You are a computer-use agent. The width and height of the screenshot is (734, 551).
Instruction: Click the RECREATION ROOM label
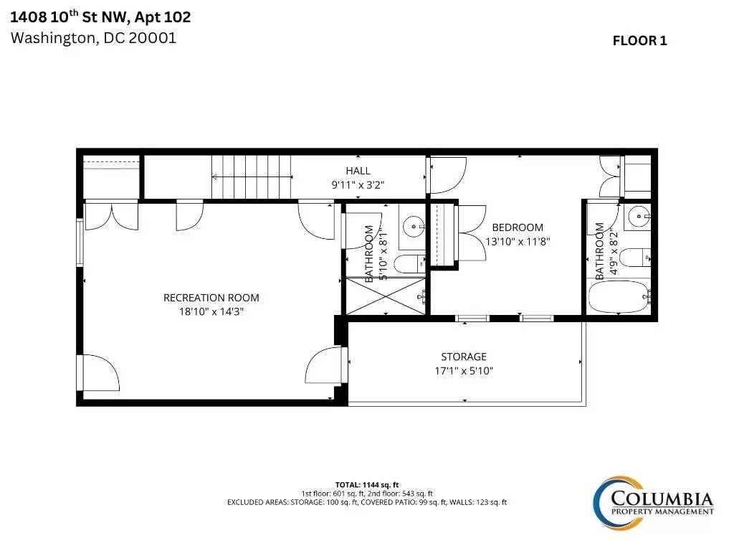[211, 298]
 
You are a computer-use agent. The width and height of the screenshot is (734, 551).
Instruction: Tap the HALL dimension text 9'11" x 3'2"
[358, 185]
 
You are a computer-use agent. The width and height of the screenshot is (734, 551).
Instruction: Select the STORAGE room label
[464, 357]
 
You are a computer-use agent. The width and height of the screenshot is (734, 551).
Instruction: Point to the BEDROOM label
[518, 227]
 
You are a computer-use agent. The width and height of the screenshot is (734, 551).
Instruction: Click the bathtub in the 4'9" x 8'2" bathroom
[619, 296]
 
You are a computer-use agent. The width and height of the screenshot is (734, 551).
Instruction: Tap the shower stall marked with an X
[385, 296]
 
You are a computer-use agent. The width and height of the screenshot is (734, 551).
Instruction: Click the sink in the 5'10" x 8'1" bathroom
[414, 227]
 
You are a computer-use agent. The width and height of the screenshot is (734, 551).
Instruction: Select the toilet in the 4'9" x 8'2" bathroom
[637, 258]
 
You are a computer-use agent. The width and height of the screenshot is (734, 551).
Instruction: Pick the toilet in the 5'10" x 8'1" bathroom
[409, 264]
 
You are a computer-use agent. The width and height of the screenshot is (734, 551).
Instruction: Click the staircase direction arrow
[252, 177]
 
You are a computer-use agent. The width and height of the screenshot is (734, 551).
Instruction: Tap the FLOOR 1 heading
[639, 41]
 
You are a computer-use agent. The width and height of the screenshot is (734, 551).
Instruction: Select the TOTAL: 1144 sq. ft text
[366, 485]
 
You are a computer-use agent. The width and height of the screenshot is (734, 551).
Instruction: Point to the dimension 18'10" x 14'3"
[211, 311]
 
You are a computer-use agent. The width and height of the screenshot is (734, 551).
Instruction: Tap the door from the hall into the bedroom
[447, 175]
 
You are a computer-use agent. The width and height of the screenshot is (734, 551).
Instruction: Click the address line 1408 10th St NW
[68, 17]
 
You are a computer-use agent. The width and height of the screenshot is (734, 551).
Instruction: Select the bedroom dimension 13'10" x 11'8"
[518, 242]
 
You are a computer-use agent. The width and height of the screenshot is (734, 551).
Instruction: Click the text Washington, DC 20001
[93, 38]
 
